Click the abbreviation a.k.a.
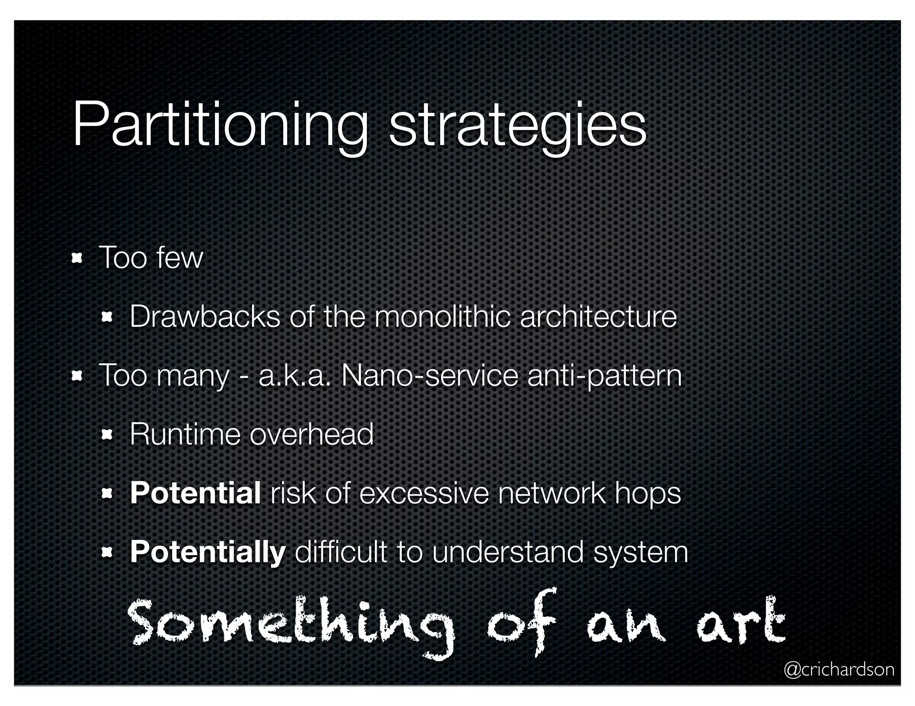click(295, 376)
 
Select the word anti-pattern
click(604, 376)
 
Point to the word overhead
click(311, 434)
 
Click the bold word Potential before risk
click(195, 493)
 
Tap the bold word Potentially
click(207, 552)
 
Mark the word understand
click(508, 552)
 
